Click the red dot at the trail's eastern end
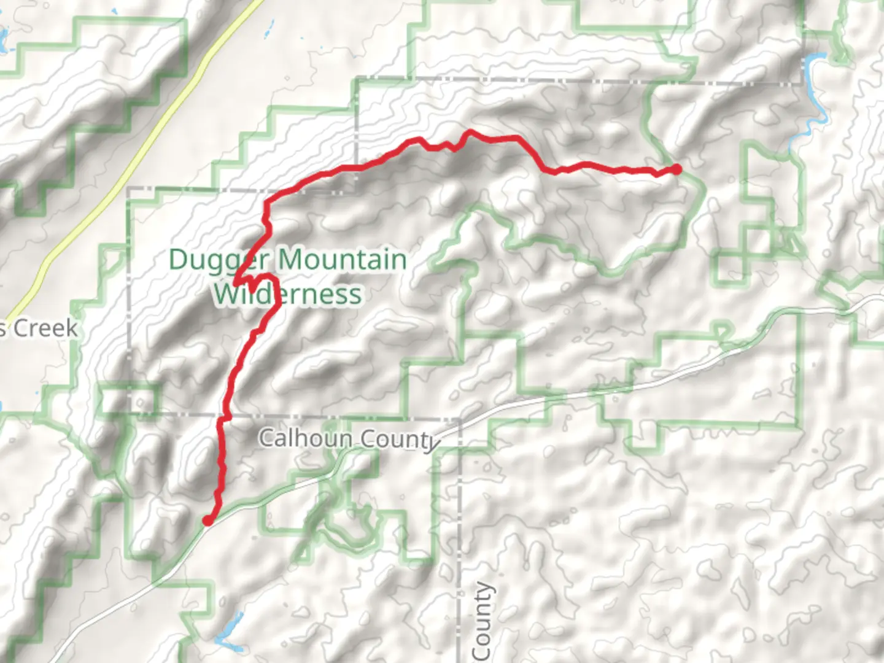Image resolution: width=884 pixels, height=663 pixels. tap(677, 169)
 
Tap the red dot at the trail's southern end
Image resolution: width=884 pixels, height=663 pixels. tap(207, 521)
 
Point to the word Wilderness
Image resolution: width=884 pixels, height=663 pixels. tap(288, 294)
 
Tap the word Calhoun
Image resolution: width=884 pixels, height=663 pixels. tap(305, 438)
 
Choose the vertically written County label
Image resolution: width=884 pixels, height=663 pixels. tap(482, 620)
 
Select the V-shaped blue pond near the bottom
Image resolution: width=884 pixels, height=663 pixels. tap(228, 635)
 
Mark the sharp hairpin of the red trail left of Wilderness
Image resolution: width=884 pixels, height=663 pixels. tap(236, 283)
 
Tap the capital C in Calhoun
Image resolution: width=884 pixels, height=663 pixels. tap(266, 438)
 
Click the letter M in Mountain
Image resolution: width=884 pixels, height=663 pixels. tap(290, 260)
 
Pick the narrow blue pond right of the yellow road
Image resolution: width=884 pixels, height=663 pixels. tap(269, 27)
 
